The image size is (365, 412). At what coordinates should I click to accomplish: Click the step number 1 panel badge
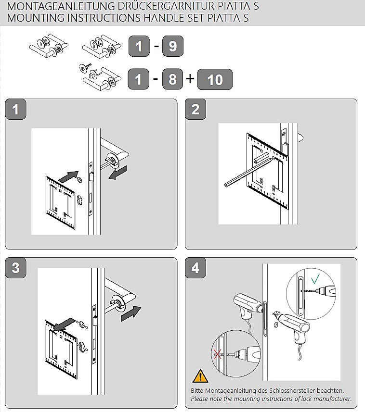pyautogui.click(x=16, y=109)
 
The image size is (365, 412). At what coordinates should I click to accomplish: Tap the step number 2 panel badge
pyautogui.click(x=196, y=109)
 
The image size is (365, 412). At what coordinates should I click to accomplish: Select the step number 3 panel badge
pyautogui.click(x=16, y=268)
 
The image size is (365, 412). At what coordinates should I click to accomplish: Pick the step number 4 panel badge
pyautogui.click(x=196, y=268)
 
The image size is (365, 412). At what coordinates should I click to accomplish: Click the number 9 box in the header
pyautogui.click(x=173, y=47)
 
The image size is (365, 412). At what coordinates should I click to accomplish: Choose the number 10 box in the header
pyautogui.click(x=215, y=79)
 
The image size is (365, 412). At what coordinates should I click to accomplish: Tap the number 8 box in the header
pyautogui.click(x=173, y=79)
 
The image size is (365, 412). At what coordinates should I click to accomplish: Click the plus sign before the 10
pyautogui.click(x=190, y=78)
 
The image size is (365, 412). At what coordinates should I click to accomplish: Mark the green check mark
pyautogui.click(x=315, y=278)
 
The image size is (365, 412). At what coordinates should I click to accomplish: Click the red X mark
pyautogui.click(x=218, y=355)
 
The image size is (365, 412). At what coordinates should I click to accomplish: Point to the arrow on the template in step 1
pyautogui.click(x=67, y=176)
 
